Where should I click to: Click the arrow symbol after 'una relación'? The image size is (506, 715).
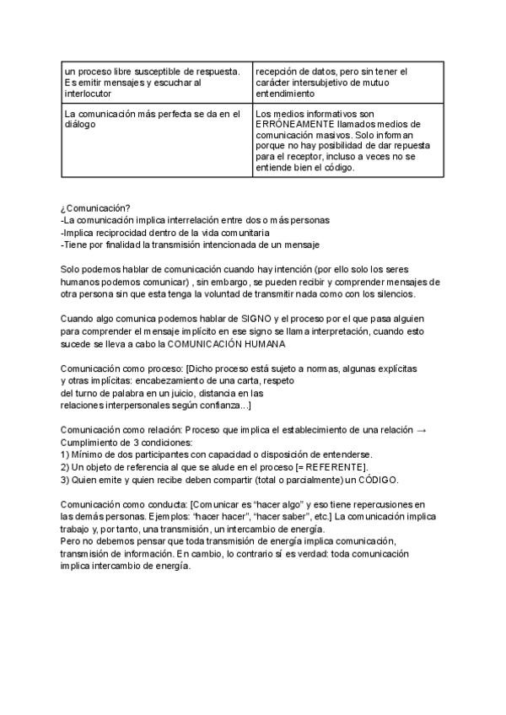click(x=422, y=430)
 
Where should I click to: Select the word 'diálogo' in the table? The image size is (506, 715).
click(x=79, y=123)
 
